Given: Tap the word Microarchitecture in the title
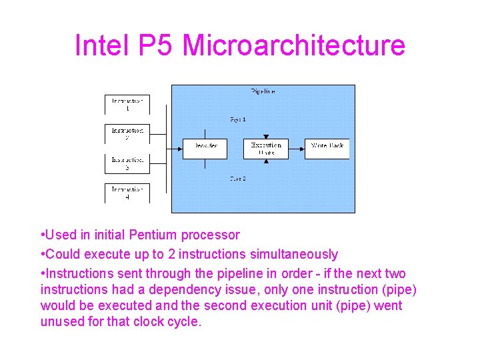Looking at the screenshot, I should point(293,45).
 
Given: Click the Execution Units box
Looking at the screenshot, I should point(266,148).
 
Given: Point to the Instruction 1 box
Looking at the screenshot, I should point(127,105).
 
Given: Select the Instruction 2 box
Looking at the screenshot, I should point(127,134).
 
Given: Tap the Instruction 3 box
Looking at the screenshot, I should point(127,163).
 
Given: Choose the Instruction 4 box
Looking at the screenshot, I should point(127,193).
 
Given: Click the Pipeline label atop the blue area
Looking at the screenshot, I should point(263,91).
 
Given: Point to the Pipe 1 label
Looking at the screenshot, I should point(238,119).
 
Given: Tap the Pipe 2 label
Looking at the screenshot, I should point(238,179).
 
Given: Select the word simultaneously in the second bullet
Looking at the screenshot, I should point(294,254).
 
